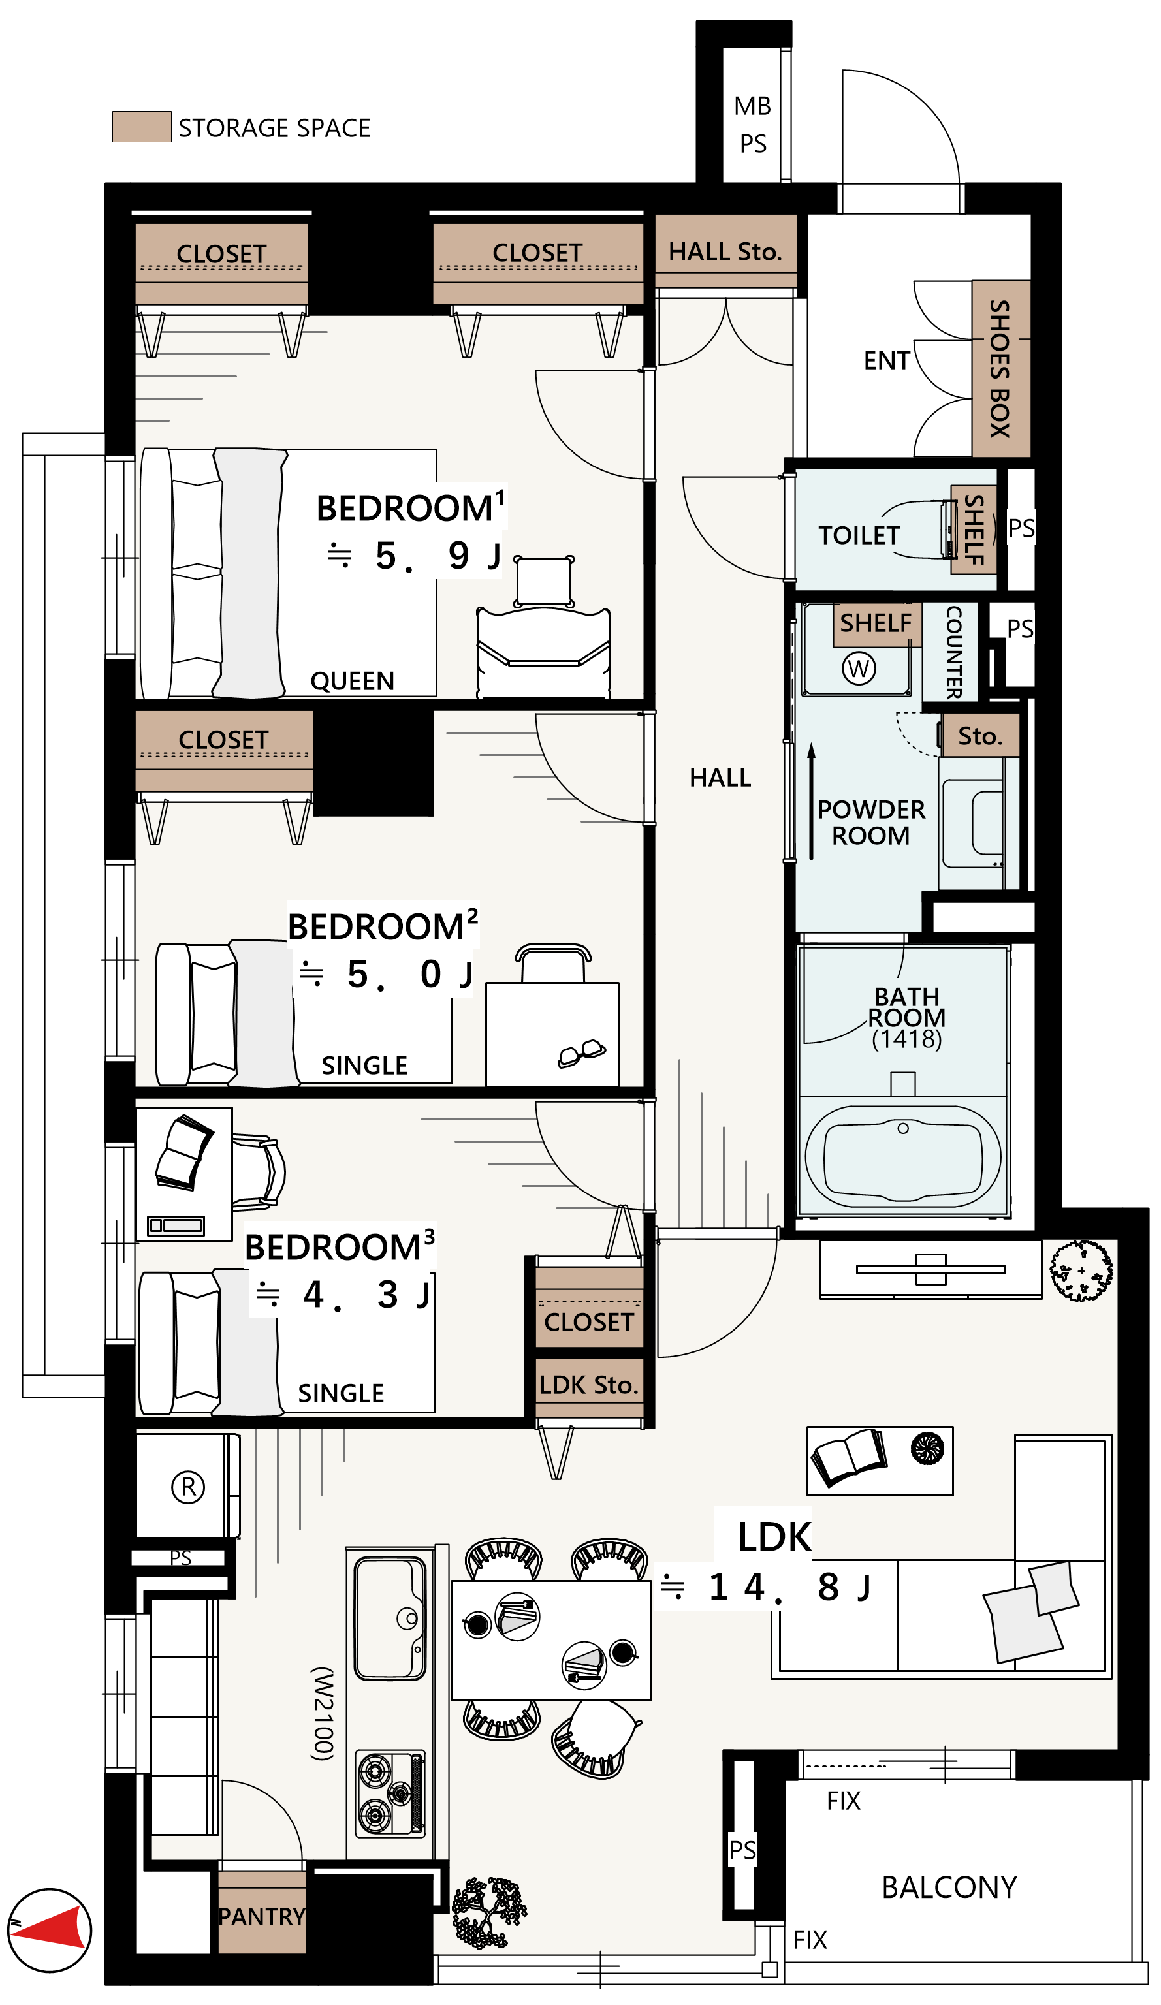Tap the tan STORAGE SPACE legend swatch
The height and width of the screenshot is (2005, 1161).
point(142,127)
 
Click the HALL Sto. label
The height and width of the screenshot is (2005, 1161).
point(725,251)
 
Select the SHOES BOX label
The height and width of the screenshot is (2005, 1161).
point(1000,368)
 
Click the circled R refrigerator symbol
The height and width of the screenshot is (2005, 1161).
point(189,1486)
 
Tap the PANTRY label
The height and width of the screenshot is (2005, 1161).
point(262,1916)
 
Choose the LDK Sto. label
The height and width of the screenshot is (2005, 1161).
point(589,1384)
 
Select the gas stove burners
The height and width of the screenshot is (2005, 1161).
point(390,1793)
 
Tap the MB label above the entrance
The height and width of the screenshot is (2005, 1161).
point(752,106)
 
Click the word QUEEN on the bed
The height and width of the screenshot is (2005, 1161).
point(352,681)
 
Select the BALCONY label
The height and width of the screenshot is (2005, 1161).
point(949,1886)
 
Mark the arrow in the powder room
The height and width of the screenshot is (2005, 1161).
point(811,801)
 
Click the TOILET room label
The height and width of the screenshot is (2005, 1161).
point(859,535)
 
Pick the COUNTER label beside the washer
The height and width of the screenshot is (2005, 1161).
point(953,652)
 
